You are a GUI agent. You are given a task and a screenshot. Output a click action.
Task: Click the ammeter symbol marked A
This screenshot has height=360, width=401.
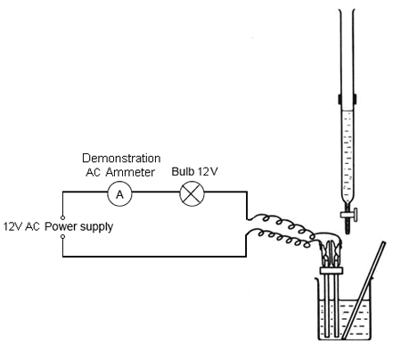tap(119, 194)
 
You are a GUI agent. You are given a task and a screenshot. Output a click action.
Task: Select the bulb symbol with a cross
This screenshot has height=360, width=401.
tap(192, 193)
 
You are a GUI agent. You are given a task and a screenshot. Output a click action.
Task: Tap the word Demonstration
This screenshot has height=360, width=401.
tap(121, 158)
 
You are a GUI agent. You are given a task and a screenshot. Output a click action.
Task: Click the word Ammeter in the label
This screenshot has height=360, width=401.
tap(130, 172)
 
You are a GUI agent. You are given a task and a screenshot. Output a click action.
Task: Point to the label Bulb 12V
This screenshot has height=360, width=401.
tap(194, 171)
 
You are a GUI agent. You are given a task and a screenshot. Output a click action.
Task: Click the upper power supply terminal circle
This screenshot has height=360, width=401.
tap(62, 217)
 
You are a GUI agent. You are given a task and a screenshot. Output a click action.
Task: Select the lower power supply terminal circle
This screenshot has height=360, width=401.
tap(62, 236)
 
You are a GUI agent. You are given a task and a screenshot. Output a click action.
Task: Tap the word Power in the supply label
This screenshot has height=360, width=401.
tap(61, 226)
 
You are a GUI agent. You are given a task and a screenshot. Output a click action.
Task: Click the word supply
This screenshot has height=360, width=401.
tap(96, 227)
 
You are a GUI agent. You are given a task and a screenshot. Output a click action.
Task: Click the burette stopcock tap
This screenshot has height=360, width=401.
tap(349, 214)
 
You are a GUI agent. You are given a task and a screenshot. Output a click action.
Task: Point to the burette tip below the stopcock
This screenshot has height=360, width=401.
tap(348, 227)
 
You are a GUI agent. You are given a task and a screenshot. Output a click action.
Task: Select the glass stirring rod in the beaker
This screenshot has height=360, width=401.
tap(363, 290)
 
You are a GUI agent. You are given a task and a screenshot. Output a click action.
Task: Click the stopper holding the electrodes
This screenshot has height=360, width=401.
tap(331, 270)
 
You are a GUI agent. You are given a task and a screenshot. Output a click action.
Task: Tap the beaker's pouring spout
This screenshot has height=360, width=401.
tap(316, 280)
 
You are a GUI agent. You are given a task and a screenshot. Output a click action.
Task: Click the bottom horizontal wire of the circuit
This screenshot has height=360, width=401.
tap(154, 256)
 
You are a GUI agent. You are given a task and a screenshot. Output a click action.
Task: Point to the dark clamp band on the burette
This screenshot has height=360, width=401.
tap(348, 99)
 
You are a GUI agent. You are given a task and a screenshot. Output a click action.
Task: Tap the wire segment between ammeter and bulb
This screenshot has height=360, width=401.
tap(156, 192)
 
